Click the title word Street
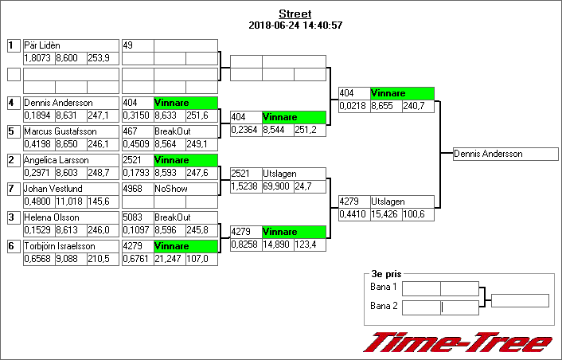point(295,14)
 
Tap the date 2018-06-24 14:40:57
point(295,25)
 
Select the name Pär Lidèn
point(42,45)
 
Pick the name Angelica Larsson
point(56,160)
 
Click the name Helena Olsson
point(51,217)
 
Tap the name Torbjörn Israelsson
point(59,246)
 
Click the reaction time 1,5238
point(245,186)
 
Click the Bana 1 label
point(384,288)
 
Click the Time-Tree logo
point(457,342)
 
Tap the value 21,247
point(168,259)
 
